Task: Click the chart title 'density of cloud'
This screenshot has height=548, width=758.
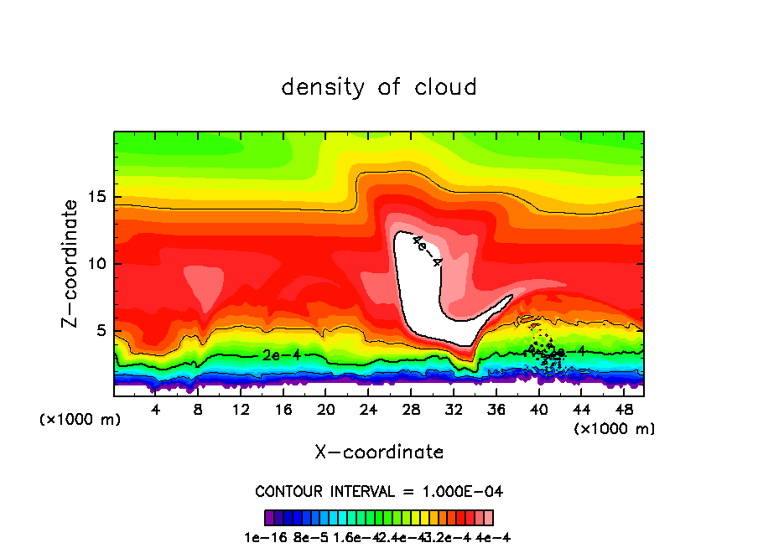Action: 378,87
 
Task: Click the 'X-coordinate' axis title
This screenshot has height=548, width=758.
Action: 378,452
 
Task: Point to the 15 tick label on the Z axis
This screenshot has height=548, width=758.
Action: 96,198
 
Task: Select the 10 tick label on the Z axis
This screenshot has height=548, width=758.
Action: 96,264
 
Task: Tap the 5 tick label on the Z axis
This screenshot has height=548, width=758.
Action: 100,330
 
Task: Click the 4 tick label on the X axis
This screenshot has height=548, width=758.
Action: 156,409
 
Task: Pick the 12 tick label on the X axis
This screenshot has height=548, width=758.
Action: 241,409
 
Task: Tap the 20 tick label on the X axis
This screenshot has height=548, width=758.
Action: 325,409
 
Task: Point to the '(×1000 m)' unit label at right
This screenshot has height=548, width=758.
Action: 615,428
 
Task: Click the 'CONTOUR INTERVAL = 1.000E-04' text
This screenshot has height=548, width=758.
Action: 378,491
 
